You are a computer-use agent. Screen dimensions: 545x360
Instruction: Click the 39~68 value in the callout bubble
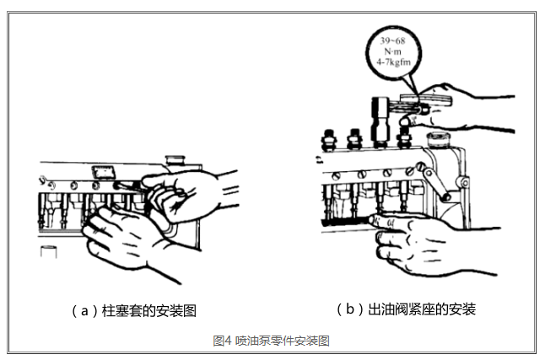[x=393, y=41]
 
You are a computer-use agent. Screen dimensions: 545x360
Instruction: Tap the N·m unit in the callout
[x=393, y=51]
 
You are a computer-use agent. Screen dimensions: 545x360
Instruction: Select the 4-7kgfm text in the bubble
[x=393, y=62]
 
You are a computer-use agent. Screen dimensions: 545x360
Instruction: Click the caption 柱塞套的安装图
[x=149, y=310]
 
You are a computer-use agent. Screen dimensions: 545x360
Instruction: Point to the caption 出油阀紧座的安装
[x=422, y=309]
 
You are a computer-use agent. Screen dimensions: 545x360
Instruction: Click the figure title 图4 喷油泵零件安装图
[x=271, y=341]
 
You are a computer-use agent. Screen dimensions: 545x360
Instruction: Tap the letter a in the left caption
[x=84, y=311]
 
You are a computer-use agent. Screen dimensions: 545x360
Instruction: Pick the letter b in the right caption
[x=350, y=309]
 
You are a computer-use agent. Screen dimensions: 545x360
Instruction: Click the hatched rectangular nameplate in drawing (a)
[x=103, y=172]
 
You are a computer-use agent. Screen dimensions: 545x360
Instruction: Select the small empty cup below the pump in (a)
[x=49, y=251]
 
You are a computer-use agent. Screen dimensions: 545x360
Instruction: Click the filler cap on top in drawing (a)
[x=175, y=160]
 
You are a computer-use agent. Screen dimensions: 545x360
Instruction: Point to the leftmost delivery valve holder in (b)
[x=329, y=140]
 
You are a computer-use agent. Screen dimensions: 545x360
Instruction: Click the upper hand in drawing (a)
[x=187, y=195]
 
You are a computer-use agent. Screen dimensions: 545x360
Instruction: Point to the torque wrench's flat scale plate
[x=426, y=99]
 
